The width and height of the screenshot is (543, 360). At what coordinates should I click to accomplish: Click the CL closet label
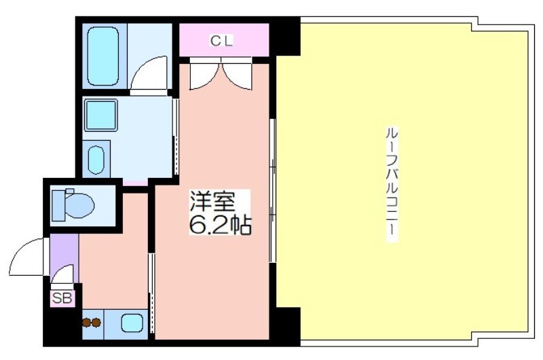[222, 41]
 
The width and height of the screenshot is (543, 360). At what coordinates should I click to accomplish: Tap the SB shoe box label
[62, 298]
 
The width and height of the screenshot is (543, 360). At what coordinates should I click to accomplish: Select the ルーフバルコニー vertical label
[392, 185]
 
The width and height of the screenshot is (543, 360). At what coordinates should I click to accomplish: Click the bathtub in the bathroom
[103, 56]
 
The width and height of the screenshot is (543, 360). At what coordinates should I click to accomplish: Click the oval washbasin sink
[96, 160]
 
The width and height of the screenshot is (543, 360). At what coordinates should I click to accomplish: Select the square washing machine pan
[100, 115]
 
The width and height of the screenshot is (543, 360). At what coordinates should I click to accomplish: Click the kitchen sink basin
[132, 323]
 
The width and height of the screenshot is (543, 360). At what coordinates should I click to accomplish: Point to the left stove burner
[87, 323]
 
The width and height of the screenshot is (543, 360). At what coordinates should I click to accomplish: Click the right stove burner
[96, 323]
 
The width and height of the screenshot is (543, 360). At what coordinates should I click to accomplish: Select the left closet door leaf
[205, 77]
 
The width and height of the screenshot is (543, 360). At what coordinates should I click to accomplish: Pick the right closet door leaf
[236, 77]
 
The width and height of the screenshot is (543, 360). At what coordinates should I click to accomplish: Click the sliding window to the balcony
[273, 191]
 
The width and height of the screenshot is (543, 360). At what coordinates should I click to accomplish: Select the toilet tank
[58, 205]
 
